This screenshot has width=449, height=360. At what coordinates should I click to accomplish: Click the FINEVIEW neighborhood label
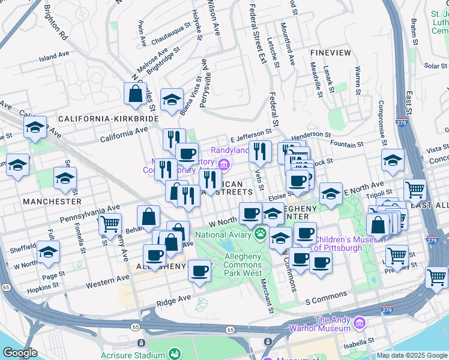click(330, 53)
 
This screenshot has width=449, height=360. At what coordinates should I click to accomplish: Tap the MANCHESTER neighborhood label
click(52, 202)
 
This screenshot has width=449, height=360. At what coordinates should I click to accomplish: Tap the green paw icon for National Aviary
click(261, 233)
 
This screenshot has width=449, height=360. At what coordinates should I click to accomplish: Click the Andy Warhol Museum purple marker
click(359, 323)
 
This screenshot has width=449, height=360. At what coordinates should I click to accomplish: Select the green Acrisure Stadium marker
click(175, 355)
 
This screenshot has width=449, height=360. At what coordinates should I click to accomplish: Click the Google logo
click(20, 353)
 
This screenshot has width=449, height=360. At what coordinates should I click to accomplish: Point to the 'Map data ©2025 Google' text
click(411, 355)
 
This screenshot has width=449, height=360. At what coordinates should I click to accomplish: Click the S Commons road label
click(326, 296)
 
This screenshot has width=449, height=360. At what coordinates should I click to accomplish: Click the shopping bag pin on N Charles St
click(135, 94)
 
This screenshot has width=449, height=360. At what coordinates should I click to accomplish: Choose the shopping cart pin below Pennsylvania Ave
click(109, 224)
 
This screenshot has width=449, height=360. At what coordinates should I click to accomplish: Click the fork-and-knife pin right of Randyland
click(260, 151)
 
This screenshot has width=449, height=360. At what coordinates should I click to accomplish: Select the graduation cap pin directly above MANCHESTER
click(65, 178)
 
